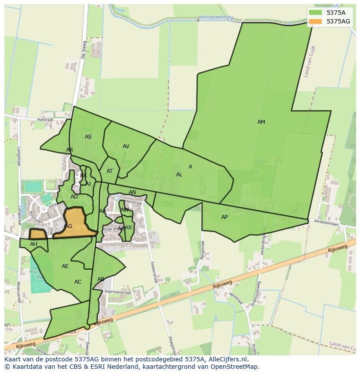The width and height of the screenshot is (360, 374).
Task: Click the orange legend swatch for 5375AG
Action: point(316,21)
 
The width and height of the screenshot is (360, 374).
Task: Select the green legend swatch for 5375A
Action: point(316,13)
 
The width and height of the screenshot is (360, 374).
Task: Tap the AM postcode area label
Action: point(261,122)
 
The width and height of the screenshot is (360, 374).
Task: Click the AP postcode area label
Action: point(224,217)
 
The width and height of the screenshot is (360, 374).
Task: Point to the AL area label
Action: point(179,175)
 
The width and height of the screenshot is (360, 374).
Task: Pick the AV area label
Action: point(126,146)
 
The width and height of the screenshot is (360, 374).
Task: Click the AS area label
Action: point(88,137)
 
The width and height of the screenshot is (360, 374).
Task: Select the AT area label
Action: point(110,171)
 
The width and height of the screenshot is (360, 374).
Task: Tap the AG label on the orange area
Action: point(69,226)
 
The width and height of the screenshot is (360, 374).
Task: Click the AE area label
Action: point(65,266)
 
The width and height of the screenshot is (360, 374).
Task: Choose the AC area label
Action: point(78,282)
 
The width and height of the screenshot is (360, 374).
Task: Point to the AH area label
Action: point(33,244)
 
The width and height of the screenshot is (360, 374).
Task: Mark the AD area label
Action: point(74,197)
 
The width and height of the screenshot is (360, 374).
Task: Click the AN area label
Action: point(132,192)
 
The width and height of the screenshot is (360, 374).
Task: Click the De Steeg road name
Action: point(84,50)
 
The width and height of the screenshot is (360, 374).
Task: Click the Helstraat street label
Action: point(45,119)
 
